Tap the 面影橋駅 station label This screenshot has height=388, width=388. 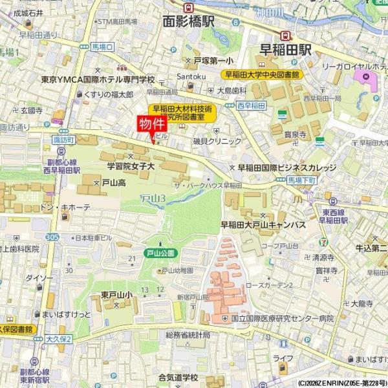(188, 21)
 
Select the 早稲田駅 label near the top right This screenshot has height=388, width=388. (285, 48)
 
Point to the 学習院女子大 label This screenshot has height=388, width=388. (131, 166)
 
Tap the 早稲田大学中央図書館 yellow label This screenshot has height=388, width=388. (263, 75)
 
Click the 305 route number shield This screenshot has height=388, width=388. (53, 238)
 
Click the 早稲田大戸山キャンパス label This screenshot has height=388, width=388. (263, 224)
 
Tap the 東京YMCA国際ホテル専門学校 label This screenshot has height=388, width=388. (98, 80)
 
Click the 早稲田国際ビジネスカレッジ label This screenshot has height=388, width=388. (287, 167)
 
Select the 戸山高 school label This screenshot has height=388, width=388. (113, 184)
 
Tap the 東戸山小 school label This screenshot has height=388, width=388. (117, 295)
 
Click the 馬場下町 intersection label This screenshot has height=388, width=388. (301, 178)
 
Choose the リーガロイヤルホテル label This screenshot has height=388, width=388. (352, 65)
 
